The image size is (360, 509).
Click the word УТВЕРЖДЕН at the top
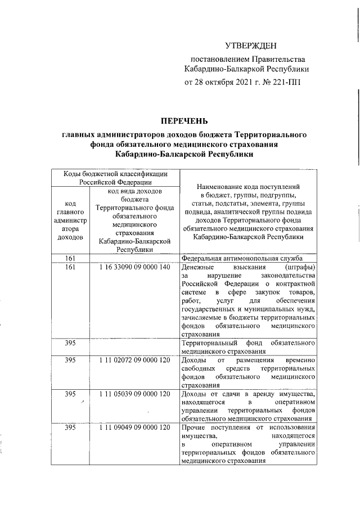251,44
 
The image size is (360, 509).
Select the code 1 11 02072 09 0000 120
134,360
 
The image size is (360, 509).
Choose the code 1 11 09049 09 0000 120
134,428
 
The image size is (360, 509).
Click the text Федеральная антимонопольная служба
242,258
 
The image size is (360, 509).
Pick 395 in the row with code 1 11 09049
70,428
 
